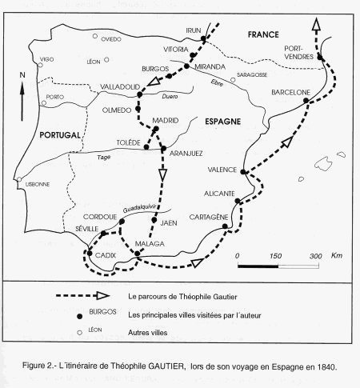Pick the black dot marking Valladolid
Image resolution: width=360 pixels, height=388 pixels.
click(139, 94)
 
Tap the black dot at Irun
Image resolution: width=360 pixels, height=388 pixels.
click(204, 38)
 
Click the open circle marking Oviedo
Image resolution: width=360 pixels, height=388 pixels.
click(95, 36)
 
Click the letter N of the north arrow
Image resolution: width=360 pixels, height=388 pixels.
click(22, 76)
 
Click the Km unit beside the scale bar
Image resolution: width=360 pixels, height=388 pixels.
click(337, 255)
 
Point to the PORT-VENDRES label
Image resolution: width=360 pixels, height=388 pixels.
click(302, 51)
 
